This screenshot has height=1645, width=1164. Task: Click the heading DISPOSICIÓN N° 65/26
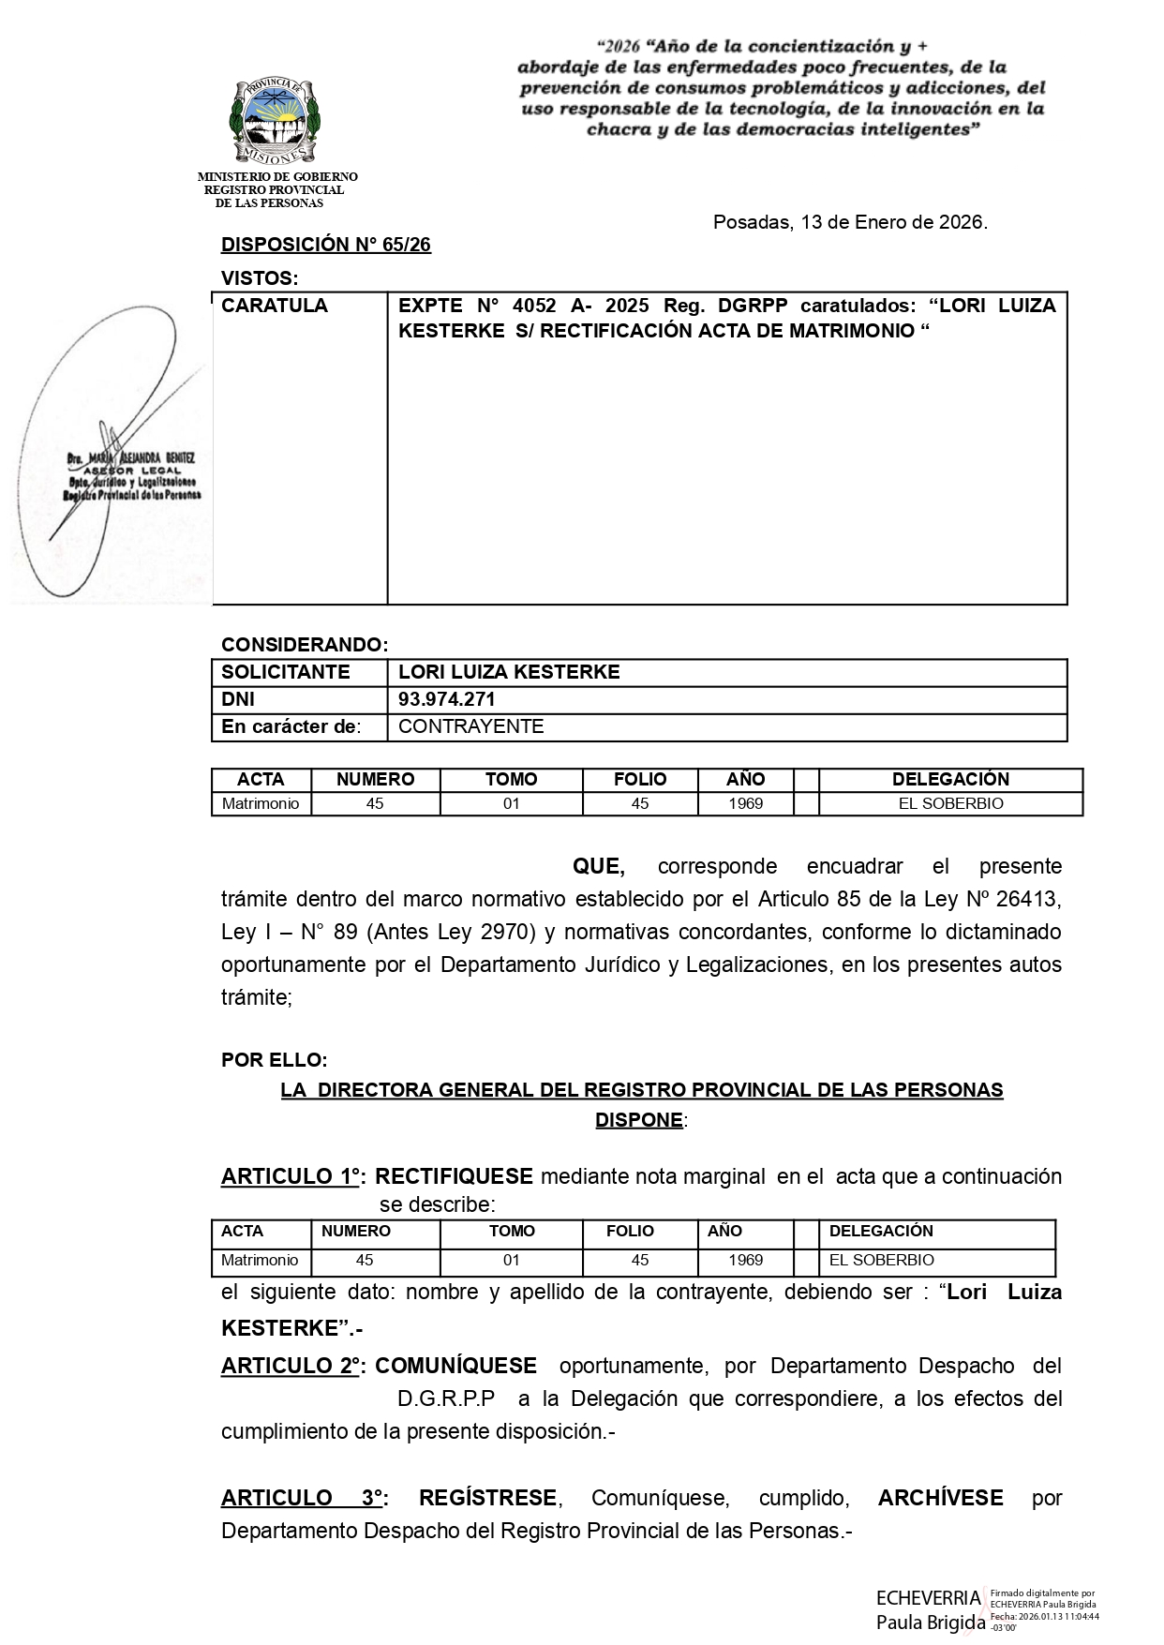[x=325, y=246]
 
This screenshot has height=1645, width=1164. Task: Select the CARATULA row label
[x=275, y=306]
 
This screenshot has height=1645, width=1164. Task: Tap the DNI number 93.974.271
[x=447, y=699]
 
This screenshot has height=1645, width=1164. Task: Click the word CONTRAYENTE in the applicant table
[x=470, y=726]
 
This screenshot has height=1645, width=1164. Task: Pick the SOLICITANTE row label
[x=285, y=672]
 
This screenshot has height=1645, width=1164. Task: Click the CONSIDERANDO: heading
[x=304, y=645]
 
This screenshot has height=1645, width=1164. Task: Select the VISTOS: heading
[x=259, y=278]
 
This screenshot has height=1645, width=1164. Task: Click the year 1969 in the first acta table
[x=745, y=803]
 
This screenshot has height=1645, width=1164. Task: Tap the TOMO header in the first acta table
[x=511, y=779]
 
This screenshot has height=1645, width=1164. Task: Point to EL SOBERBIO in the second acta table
[x=881, y=1260]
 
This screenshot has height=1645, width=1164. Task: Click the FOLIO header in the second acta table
[x=630, y=1231]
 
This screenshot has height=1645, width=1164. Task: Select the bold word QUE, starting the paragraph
[x=598, y=866]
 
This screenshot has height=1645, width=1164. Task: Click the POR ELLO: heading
[x=274, y=1060]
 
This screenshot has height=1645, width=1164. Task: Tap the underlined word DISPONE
[x=639, y=1120]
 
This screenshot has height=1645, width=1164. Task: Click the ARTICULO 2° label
[x=291, y=1366]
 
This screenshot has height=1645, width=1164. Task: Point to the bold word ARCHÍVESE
[x=940, y=1498]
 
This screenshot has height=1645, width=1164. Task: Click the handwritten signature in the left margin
[x=117, y=450]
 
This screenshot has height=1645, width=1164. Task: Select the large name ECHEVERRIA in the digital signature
[x=928, y=1597]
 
